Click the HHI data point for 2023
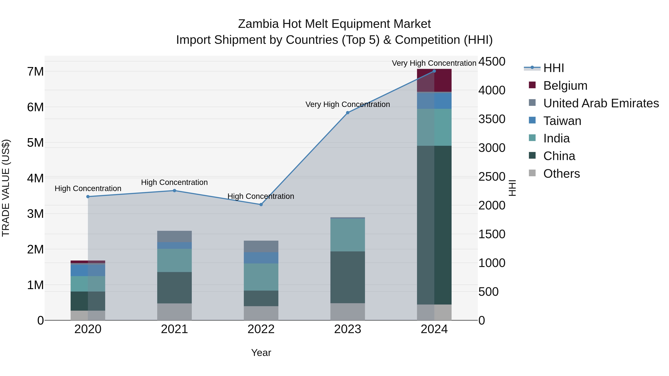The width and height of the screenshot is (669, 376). click(x=348, y=113)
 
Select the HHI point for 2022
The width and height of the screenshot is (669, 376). click(x=261, y=204)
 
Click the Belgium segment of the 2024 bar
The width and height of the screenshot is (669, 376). click(x=434, y=80)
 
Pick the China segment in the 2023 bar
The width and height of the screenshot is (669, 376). click(x=348, y=277)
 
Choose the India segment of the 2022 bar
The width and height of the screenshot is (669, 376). click(x=261, y=277)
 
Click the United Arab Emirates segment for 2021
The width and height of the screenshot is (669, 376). click(x=174, y=236)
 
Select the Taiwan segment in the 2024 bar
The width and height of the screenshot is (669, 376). click(x=434, y=101)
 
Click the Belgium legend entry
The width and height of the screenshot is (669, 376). click(x=565, y=86)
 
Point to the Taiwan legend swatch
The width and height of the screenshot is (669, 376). click(x=532, y=120)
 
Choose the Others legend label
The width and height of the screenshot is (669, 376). click(x=561, y=174)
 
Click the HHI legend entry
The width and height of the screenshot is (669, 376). click(x=553, y=68)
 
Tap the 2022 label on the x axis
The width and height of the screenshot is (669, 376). click(x=261, y=329)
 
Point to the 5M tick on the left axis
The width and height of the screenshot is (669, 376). click(x=35, y=142)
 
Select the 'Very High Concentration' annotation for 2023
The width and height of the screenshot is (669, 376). click(x=348, y=104)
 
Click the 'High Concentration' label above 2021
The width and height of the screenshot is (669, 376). click(x=174, y=182)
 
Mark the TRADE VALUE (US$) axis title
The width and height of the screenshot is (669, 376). click(x=6, y=188)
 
